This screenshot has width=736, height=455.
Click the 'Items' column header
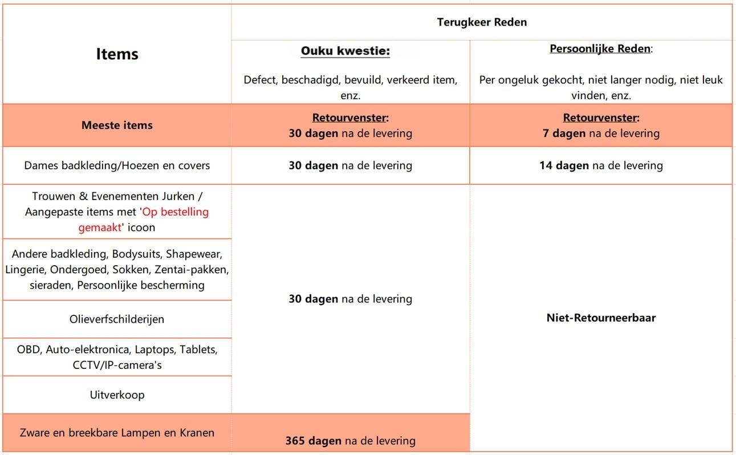pos(117,54)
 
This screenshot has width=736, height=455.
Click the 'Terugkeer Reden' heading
pos(482,22)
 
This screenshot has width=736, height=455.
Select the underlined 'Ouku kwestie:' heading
pos(345,52)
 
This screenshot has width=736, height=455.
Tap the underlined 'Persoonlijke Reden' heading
pos(599,49)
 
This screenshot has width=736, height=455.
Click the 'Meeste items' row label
pos(117,125)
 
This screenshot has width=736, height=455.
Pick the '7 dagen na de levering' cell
pos(601,133)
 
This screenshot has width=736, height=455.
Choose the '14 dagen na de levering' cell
pos(601,166)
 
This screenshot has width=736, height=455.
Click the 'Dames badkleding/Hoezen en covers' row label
pos(117,166)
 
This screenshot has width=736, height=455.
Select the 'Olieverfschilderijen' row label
pos(117,319)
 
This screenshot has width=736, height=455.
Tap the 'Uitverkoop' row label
pos(117,395)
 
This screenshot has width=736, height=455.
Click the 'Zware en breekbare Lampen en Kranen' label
pos(117,433)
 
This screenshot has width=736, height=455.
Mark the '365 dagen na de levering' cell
pos(350,441)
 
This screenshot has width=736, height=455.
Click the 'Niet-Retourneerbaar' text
pos(601,318)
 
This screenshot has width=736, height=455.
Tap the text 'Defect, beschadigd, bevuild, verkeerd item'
pos(350,80)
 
